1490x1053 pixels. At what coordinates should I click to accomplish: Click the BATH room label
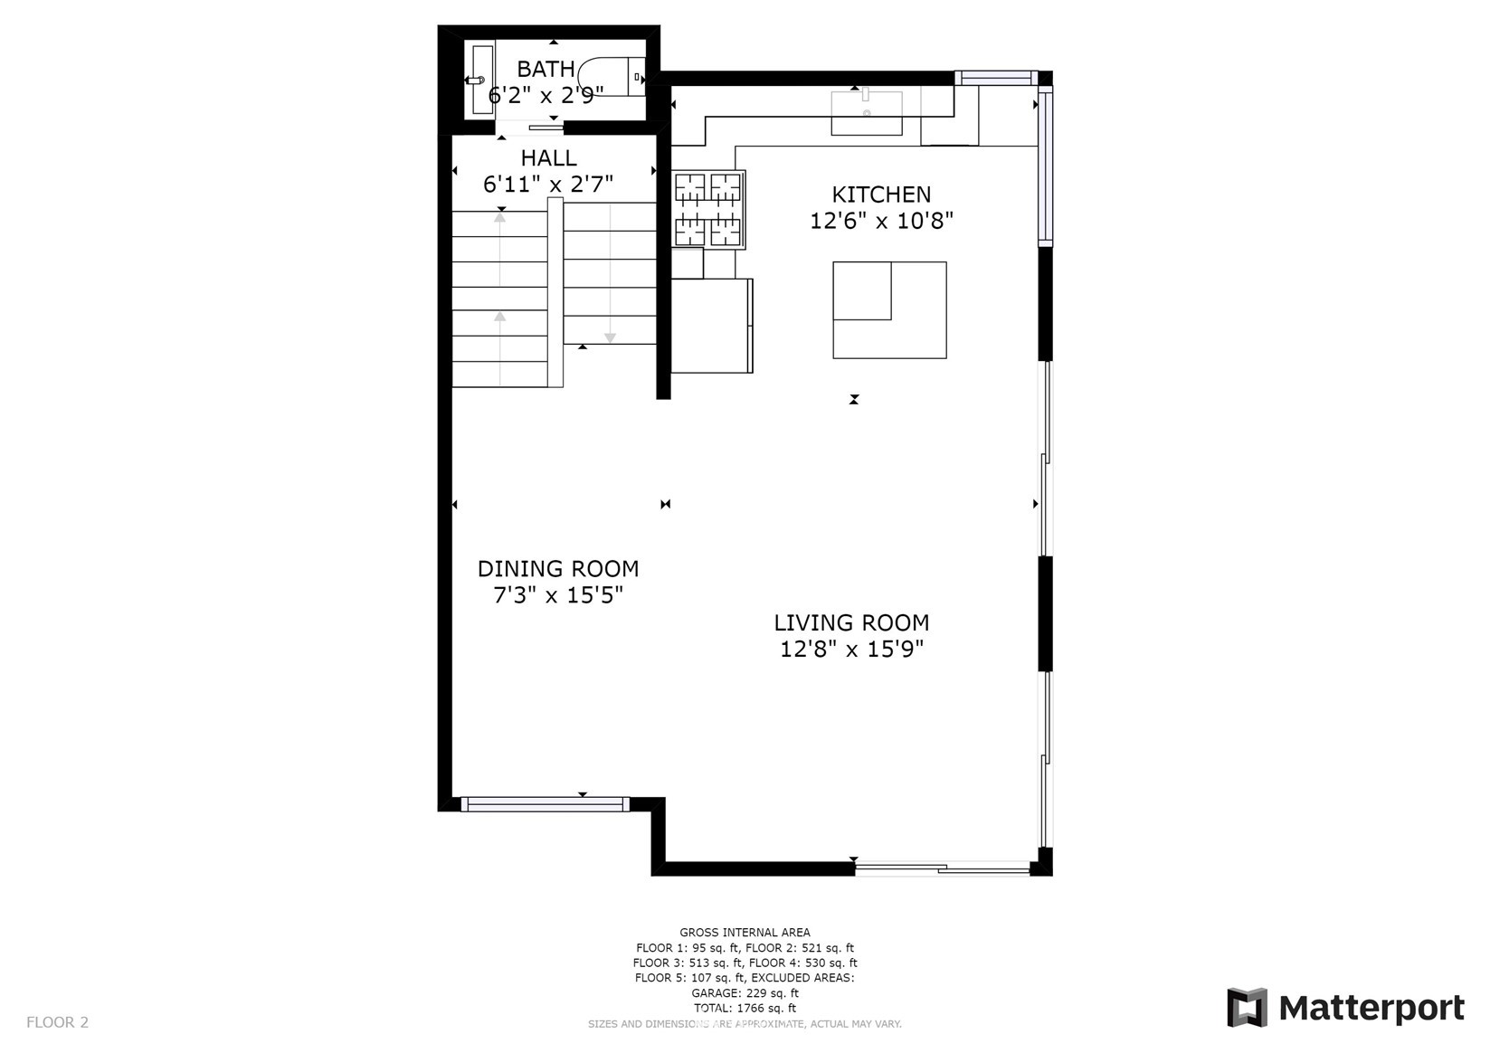pyautogui.click(x=546, y=69)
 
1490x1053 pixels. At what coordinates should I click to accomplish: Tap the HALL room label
pyautogui.click(x=548, y=157)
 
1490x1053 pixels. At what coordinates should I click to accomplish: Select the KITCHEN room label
pyautogui.click(x=880, y=194)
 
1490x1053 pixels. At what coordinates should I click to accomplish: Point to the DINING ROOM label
pyautogui.click(x=557, y=569)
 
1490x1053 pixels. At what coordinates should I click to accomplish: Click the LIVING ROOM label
pyautogui.click(x=850, y=622)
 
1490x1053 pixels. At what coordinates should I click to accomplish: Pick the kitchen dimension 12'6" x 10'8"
pyautogui.click(x=880, y=220)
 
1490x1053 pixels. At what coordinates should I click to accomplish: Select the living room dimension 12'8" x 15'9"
pyautogui.click(x=851, y=649)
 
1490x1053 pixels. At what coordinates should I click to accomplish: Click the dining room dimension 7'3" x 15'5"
pyautogui.click(x=557, y=594)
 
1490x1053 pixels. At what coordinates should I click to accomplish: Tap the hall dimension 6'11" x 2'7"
pyautogui.click(x=548, y=184)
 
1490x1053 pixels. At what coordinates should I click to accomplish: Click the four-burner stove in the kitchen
pyautogui.click(x=708, y=210)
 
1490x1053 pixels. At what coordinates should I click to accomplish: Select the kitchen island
pyautogui.click(x=889, y=310)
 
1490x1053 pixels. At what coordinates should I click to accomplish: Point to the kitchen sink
pyautogui.click(x=866, y=113)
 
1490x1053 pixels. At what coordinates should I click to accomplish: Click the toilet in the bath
pyautogui.click(x=612, y=77)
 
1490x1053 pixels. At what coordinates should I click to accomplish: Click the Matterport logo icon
pyautogui.click(x=1247, y=1007)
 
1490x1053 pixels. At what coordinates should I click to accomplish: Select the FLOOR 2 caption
pyautogui.click(x=57, y=1021)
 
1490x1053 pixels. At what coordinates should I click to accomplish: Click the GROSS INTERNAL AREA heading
pyautogui.click(x=745, y=933)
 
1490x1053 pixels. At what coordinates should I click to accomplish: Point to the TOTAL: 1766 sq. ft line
pyautogui.click(x=745, y=1008)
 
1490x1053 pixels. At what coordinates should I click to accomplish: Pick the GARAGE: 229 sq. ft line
pyautogui.click(x=745, y=993)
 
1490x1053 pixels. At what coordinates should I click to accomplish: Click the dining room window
pyautogui.click(x=545, y=804)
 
